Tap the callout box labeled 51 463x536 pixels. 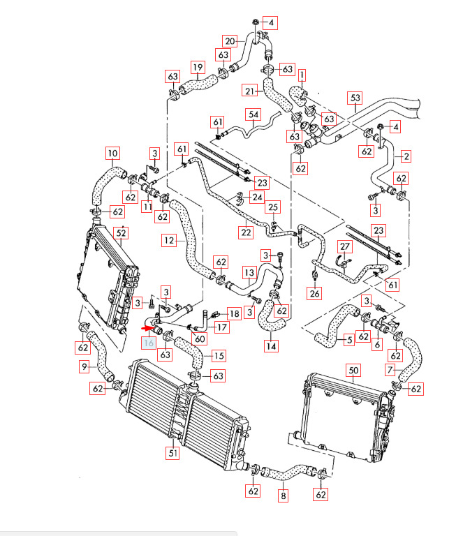point(172,452)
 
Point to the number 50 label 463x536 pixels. point(353,370)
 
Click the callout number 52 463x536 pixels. point(120,233)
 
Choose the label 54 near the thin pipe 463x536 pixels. point(253,114)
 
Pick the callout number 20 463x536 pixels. point(230,40)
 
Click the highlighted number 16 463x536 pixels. point(148,343)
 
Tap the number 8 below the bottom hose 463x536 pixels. point(283,497)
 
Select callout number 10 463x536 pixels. point(112,153)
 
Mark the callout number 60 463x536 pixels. point(200,338)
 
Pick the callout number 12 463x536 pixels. point(169,241)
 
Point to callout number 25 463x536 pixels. point(273,207)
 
